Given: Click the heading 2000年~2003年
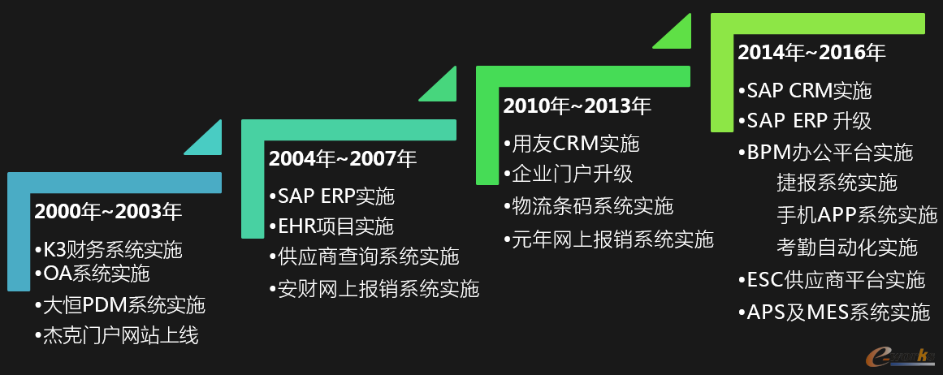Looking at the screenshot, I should (108, 212).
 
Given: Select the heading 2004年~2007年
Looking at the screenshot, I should (343, 158).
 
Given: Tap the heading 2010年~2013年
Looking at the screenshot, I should (577, 106).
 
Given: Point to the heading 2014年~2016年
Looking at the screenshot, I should (811, 53).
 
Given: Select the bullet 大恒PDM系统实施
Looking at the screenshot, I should (119, 305).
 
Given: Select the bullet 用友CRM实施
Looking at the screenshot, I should (571, 144).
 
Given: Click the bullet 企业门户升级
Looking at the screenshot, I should (568, 174).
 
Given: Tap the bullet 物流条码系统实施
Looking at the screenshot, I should (588, 206).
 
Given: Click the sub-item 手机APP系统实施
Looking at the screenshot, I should (856, 215).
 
